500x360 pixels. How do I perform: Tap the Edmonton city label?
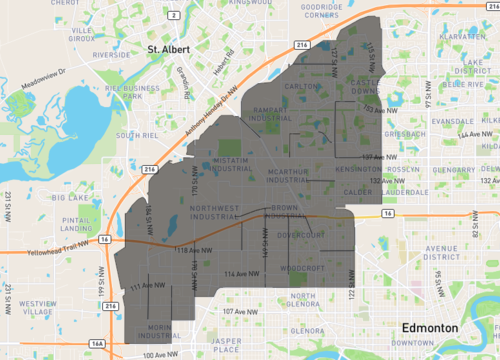click(x=430, y=328)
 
